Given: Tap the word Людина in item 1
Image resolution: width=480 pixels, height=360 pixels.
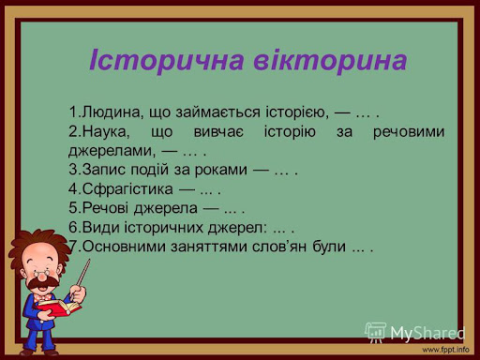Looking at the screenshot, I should pyautogui.click(x=111, y=113).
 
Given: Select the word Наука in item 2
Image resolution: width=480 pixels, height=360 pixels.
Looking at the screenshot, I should pyautogui.click(x=107, y=133).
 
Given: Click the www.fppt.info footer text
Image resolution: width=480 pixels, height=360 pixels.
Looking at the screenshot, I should pyautogui.click(x=445, y=350).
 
